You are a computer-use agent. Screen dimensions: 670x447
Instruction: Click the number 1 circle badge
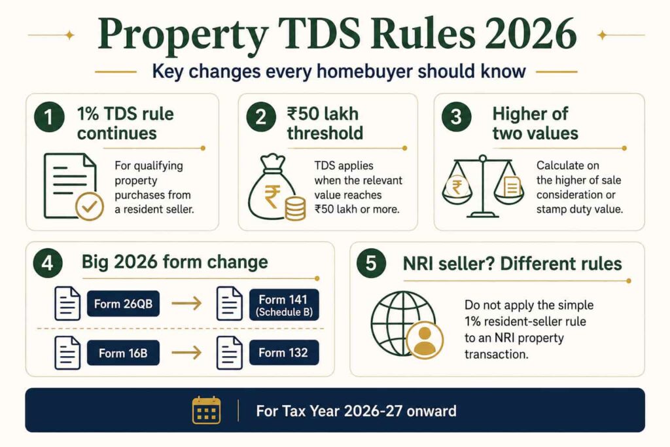pos(50,116)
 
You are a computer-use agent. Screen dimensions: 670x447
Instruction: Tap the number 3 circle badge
pos(456,116)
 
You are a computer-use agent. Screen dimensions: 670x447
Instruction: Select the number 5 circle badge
pos(371,263)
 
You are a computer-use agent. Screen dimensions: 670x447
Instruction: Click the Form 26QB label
pos(123,304)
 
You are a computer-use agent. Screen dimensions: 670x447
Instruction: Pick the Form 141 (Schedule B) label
pos(284,305)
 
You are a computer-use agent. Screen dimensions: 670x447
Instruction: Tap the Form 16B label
pos(123,353)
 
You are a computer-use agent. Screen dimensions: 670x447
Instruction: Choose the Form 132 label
pos(284,353)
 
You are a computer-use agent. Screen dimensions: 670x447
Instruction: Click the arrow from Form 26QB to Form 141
pos(186,304)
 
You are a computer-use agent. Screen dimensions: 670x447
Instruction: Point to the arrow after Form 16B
pos(186,353)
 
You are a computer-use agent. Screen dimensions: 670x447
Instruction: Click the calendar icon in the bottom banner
pos(206,410)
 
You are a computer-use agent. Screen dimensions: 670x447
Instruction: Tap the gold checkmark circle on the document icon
pos(89,206)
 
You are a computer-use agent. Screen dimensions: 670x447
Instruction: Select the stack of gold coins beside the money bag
pos(295,209)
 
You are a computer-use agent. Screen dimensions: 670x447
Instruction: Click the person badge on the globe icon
pos(425,340)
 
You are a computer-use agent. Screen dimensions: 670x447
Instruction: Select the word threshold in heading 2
pos(325,134)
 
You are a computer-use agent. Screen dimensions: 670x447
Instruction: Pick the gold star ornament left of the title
pos(69,35)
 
